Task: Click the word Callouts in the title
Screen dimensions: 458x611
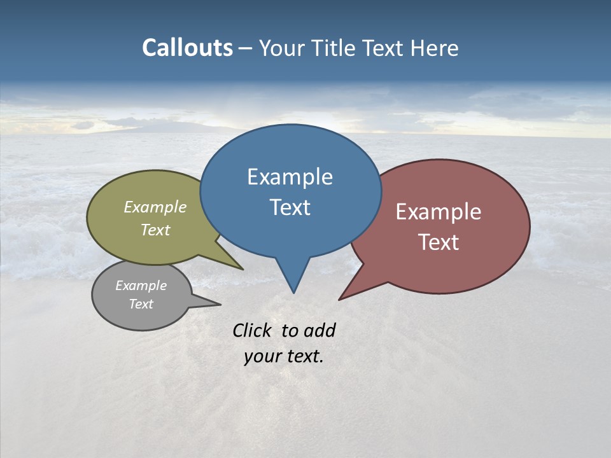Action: pyautogui.click(x=187, y=48)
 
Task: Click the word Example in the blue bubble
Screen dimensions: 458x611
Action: pyautogui.click(x=290, y=177)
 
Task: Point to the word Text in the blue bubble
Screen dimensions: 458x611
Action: pyautogui.click(x=290, y=207)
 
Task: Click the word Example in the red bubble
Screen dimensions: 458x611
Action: pyautogui.click(x=439, y=212)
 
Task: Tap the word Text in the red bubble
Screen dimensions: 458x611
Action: pyautogui.click(x=439, y=242)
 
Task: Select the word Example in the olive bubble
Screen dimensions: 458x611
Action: pyautogui.click(x=155, y=207)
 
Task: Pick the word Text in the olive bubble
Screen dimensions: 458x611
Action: pyautogui.click(x=155, y=230)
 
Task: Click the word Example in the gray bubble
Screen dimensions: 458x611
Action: pyautogui.click(x=141, y=286)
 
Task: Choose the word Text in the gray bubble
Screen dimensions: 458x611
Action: pyautogui.click(x=141, y=304)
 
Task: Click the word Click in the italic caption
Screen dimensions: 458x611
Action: pyautogui.click(x=253, y=330)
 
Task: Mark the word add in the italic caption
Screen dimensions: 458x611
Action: pyautogui.click(x=319, y=330)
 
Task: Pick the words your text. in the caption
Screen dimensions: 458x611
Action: pyautogui.click(x=283, y=356)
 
